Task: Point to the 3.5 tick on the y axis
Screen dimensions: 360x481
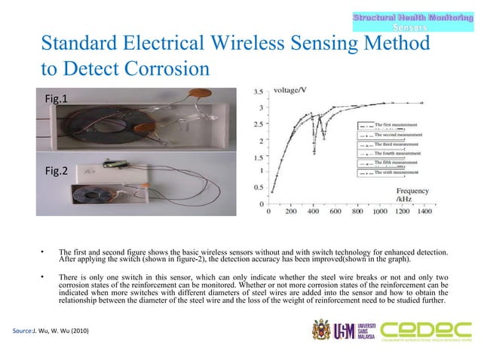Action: click(x=257, y=93)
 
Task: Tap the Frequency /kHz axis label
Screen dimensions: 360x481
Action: click(x=412, y=196)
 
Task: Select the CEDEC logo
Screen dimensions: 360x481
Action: click(x=424, y=330)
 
